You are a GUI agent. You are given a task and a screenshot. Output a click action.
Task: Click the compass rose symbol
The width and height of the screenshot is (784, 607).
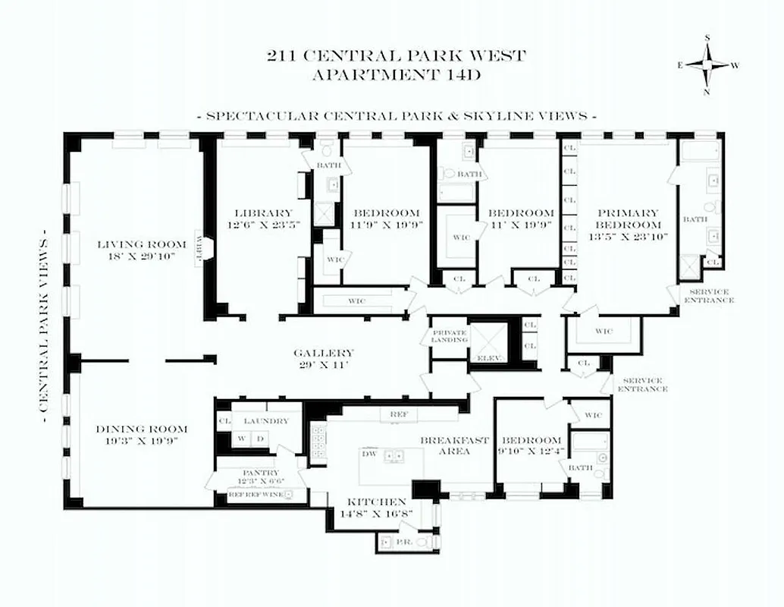coord(708,64)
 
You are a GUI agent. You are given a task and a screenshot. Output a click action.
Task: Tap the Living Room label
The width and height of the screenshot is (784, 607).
coord(142,244)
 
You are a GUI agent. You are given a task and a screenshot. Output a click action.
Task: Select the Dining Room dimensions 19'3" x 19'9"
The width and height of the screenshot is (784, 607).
coord(142,441)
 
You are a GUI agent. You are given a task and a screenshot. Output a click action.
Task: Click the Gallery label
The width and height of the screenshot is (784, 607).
coord(324,353)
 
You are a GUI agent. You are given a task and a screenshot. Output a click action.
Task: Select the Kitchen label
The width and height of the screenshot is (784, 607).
coord(377,502)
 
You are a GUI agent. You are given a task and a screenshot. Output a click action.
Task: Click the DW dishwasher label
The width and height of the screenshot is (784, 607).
coord(368,453)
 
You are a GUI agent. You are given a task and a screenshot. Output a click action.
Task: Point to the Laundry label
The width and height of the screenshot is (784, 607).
coord(265,421)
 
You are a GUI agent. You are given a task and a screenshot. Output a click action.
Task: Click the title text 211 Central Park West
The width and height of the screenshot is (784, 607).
coord(396,55)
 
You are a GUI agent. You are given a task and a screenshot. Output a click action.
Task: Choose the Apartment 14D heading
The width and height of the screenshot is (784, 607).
coord(396,74)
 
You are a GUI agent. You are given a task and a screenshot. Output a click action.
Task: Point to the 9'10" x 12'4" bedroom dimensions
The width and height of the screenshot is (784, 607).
coord(532,454)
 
